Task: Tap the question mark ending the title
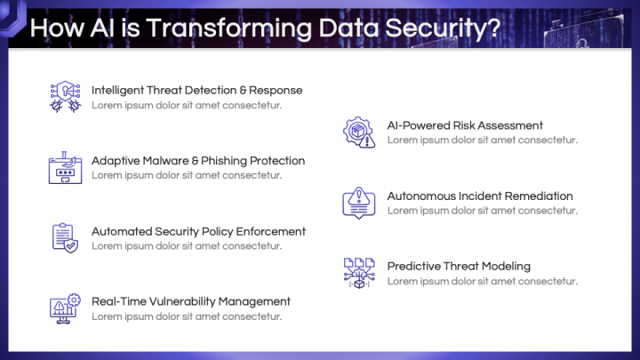click(494, 28)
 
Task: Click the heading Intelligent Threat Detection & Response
click(196, 90)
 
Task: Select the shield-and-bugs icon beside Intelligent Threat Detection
click(65, 97)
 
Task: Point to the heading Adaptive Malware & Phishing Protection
click(198, 161)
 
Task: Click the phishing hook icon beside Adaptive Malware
click(65, 167)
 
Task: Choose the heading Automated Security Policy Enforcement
click(198, 231)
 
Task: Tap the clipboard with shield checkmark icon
click(65, 238)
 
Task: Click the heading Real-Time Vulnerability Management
click(190, 301)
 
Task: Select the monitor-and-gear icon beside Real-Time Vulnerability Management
click(65, 308)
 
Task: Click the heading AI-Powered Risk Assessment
click(465, 125)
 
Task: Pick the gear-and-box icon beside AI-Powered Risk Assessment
click(359, 132)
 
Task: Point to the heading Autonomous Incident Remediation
click(480, 196)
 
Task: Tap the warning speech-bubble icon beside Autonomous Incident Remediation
click(359, 203)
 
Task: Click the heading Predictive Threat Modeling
click(459, 267)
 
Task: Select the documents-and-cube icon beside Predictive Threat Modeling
click(359, 273)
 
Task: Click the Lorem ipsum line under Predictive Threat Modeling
click(483, 281)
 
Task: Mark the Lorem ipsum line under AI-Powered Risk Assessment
click(483, 140)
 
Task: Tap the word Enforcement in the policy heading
click(270, 231)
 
